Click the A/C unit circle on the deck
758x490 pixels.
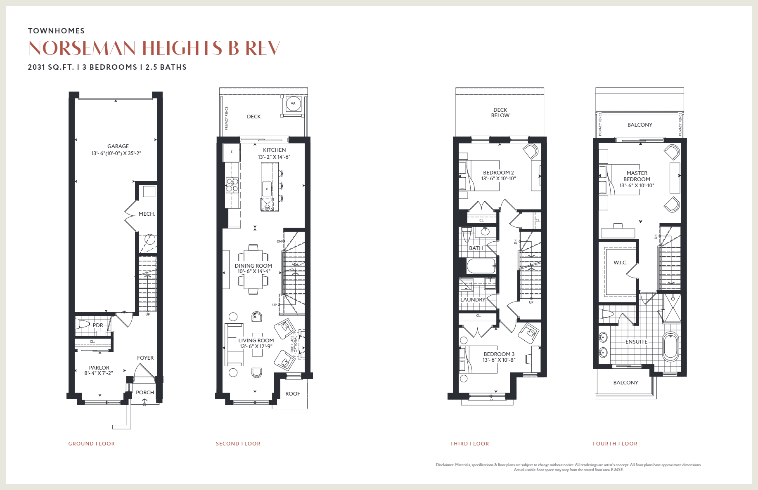click(294, 104)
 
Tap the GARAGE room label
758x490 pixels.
click(118, 146)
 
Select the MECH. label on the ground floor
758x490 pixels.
click(147, 214)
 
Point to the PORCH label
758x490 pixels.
click(145, 393)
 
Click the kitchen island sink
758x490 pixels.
click(267, 188)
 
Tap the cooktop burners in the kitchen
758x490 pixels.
click(232, 185)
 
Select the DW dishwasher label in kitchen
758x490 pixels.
click(267, 208)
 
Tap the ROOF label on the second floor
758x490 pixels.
click(293, 394)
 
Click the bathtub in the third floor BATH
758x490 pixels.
click(481, 266)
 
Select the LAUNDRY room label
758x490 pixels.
click(473, 300)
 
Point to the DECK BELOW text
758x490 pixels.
click(500, 113)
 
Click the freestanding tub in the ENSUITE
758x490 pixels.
click(670, 347)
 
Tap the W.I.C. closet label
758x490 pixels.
click(620, 263)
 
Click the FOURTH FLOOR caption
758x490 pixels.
click(615, 444)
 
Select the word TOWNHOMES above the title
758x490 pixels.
click(56, 31)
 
